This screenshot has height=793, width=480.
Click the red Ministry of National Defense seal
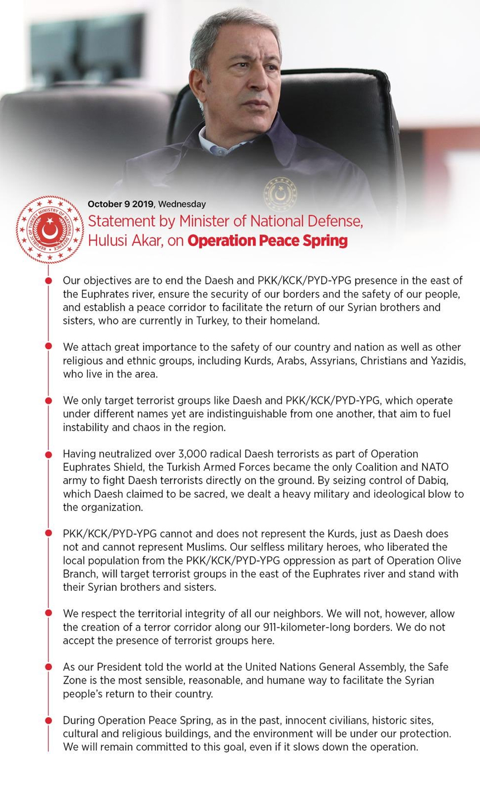[50, 229]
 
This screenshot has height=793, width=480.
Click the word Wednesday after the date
[182, 204]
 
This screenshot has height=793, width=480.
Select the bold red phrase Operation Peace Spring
[267, 241]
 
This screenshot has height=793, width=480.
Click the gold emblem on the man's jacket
[281, 194]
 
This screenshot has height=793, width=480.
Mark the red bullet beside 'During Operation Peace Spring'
[49, 721]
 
